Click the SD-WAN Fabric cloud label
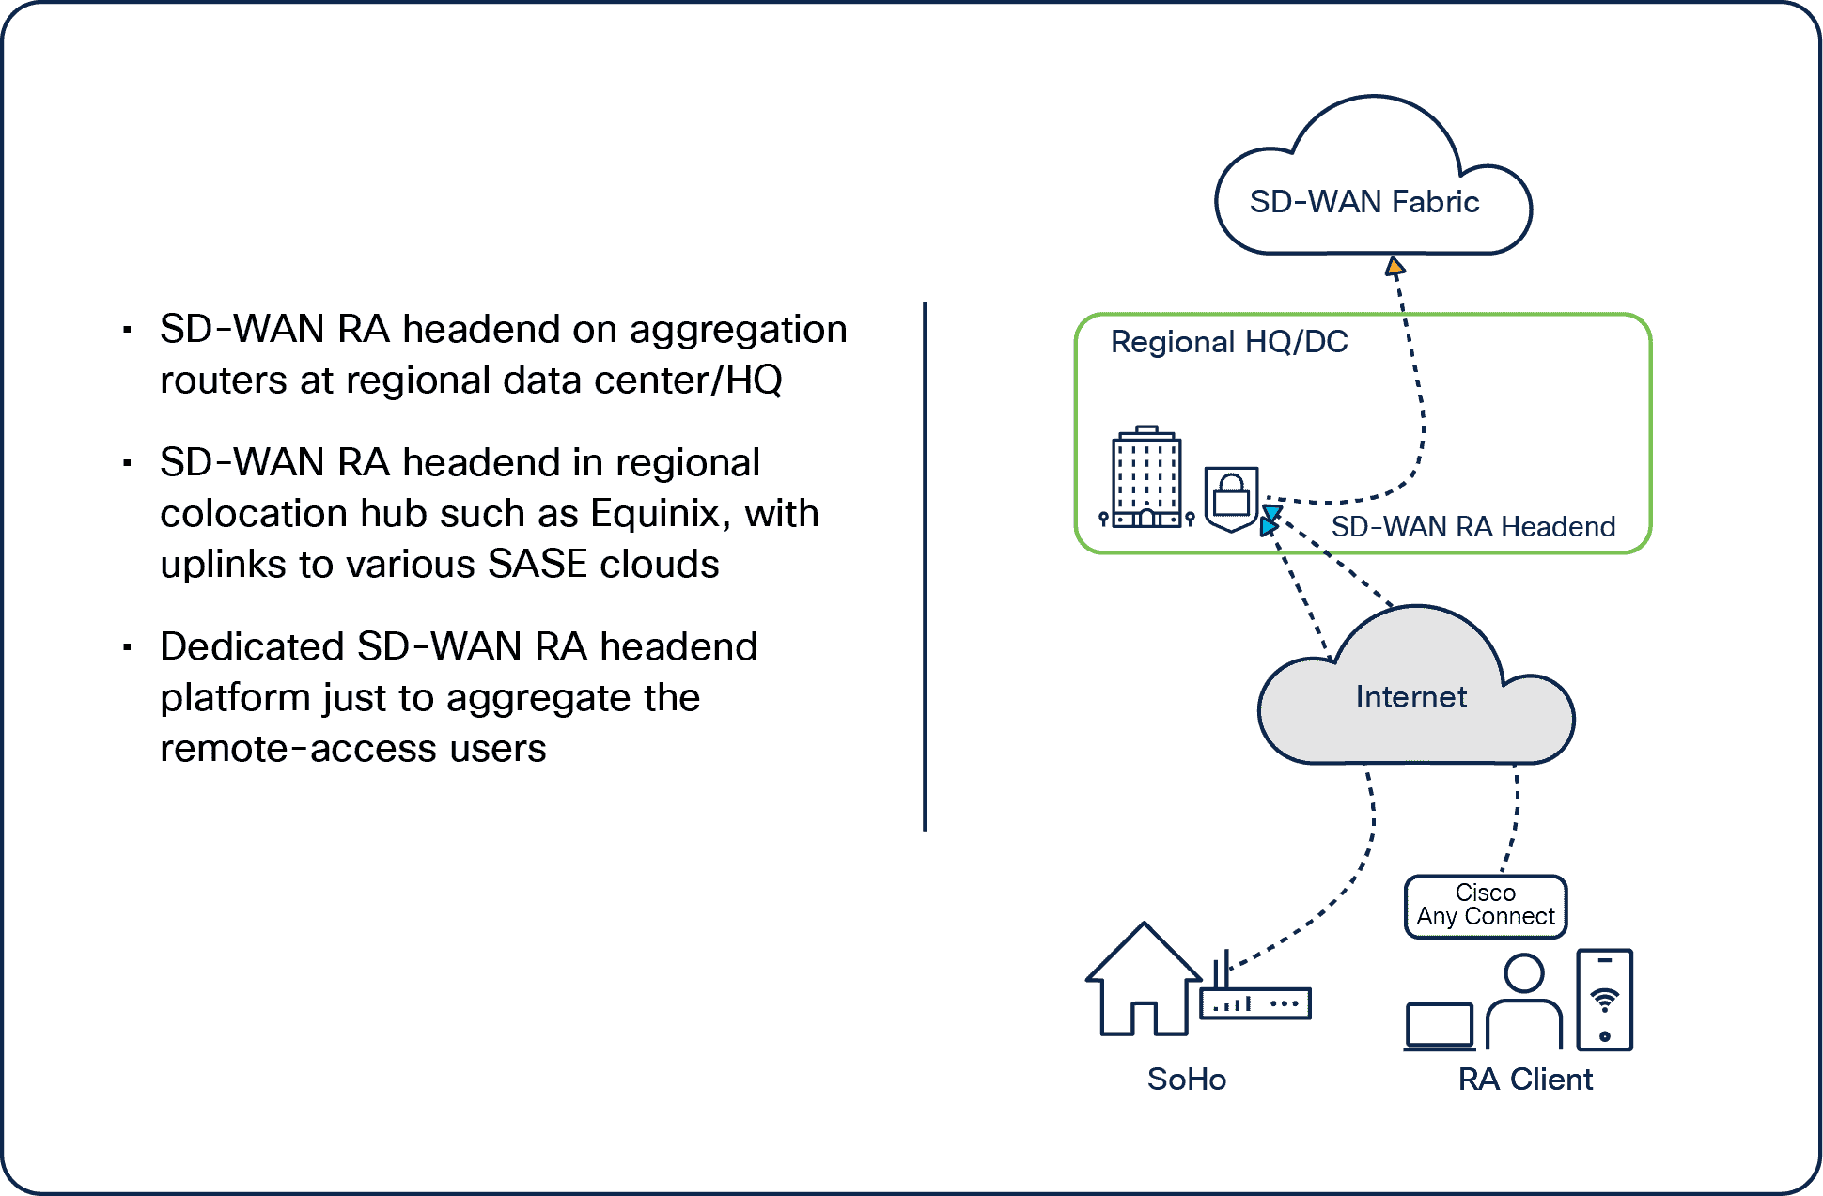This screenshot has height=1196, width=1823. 1363,202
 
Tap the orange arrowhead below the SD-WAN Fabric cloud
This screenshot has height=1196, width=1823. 1395,267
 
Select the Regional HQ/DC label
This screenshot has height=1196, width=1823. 1229,341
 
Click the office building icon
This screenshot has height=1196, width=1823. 1146,477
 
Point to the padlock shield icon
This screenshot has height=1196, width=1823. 1231,498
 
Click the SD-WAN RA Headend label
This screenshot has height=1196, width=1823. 1472,527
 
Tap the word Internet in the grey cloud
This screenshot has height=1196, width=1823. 1410,697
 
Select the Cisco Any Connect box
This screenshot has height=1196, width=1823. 1485,906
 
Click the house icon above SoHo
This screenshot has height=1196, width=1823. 1143,981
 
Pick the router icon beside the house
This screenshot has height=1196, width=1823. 1254,1002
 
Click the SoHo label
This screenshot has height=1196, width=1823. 1186,1079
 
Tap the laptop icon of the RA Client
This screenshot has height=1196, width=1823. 1439,1026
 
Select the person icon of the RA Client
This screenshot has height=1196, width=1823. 1523,1002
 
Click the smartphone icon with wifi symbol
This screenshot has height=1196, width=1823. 1604,1000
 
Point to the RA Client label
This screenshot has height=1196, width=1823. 1524,1080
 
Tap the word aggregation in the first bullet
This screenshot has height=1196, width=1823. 738,330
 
